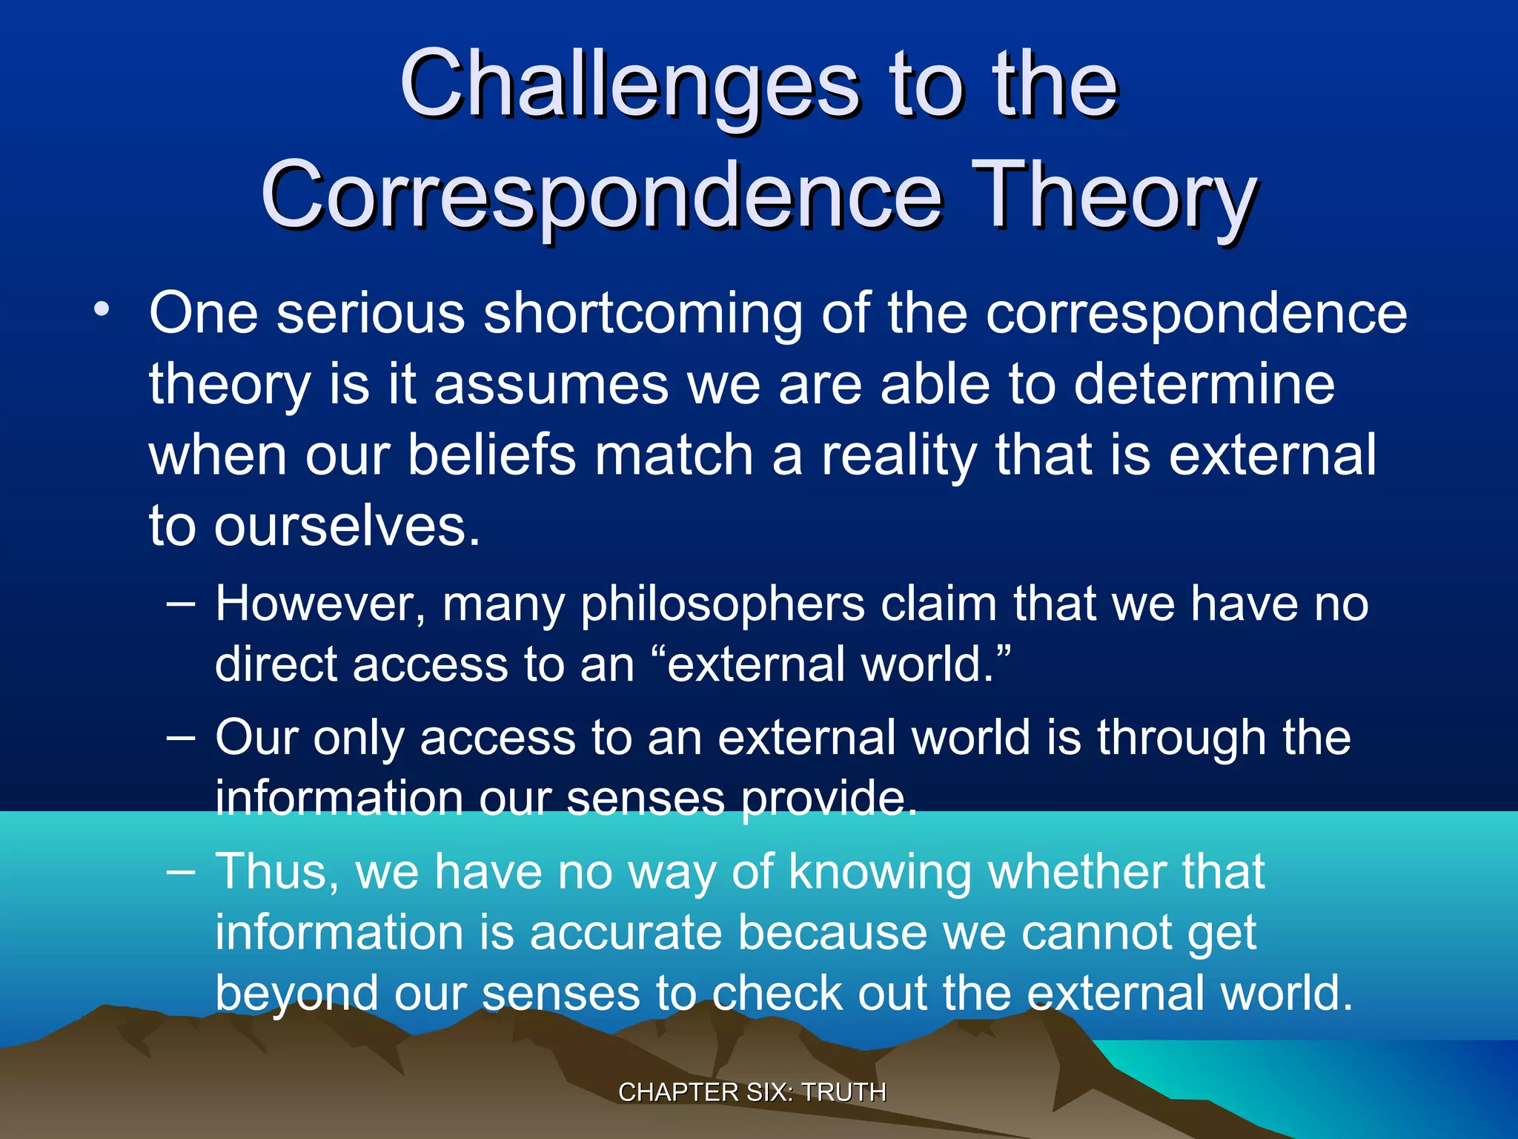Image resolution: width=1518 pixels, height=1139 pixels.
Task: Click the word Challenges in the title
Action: [630, 85]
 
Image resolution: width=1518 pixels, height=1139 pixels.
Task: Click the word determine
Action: [1204, 385]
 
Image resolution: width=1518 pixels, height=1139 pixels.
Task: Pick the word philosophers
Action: [723, 605]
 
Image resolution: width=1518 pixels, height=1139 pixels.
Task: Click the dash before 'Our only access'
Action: [181, 738]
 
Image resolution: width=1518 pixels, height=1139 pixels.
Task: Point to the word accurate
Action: [626, 932]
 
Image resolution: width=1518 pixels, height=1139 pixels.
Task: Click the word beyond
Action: [296, 994]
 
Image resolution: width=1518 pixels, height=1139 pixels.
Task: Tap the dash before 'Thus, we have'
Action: [181, 871]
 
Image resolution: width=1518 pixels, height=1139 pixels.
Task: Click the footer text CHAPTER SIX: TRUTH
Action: [752, 1092]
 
